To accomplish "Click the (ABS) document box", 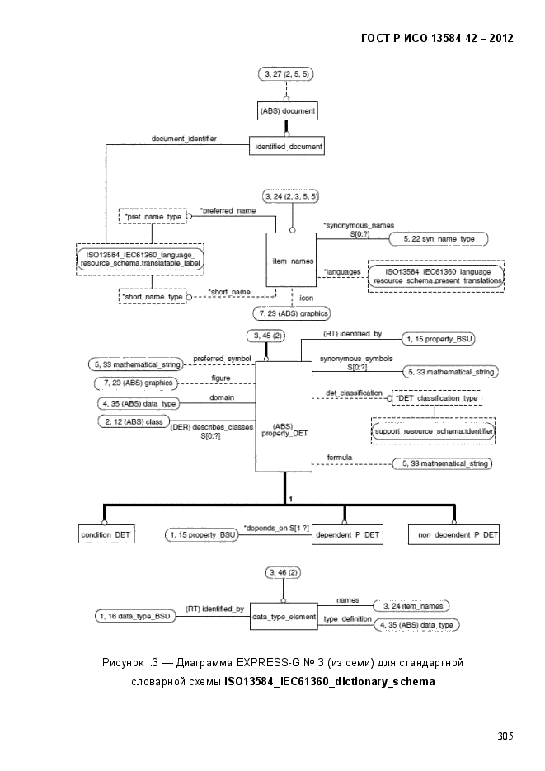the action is click(288, 110).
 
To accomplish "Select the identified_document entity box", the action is click(287, 146).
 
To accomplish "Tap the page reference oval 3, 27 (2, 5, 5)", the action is click(286, 73).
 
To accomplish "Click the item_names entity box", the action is click(291, 260).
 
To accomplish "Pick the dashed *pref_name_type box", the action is click(153, 216).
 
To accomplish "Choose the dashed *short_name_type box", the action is click(153, 297).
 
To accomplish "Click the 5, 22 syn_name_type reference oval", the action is click(439, 239).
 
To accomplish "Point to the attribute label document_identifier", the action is click(184, 139).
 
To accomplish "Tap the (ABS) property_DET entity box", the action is click(284, 416).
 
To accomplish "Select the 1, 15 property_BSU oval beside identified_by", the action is click(439, 339).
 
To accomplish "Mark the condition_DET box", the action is click(106, 534).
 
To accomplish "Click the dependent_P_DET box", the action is click(347, 534).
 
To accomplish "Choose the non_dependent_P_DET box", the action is click(453, 535).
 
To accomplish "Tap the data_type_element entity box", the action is click(284, 617).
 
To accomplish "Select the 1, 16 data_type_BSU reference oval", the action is click(135, 616).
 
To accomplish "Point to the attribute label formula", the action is click(340, 458).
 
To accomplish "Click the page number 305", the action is click(505, 736).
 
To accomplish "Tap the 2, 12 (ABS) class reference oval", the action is click(134, 422).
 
